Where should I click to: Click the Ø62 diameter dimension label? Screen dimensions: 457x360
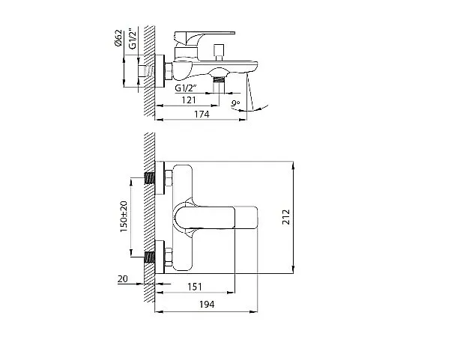118,38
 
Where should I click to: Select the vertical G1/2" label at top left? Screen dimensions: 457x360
133,38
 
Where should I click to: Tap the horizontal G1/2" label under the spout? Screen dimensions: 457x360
186,88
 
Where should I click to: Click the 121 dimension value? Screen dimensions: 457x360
189,100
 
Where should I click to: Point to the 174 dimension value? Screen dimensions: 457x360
202,115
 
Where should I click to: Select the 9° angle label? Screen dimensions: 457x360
235,103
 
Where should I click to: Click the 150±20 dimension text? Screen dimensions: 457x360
124,216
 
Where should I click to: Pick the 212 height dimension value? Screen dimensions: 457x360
286,217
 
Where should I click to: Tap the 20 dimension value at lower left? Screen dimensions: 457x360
123,278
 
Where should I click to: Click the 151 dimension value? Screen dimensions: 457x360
195,287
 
